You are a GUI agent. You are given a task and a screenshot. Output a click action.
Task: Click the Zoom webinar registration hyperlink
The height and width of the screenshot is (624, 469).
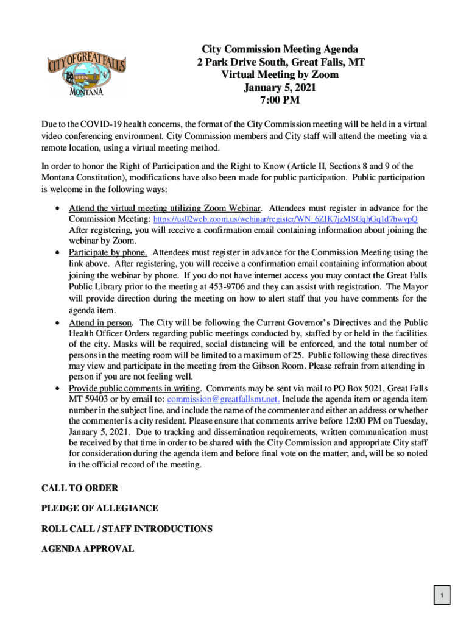tap(285, 219)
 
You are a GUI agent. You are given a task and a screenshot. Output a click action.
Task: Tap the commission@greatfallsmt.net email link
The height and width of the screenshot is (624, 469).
tap(223, 399)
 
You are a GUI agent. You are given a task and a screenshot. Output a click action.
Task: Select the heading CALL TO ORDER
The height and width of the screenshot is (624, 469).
tap(80, 488)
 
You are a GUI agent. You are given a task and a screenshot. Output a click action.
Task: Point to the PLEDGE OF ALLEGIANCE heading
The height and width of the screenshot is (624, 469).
tap(100, 508)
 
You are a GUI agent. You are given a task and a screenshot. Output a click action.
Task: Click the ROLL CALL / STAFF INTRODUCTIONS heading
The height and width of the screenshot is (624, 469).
tap(127, 528)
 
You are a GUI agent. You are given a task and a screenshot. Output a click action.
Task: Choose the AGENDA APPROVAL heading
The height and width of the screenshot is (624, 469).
tap(88, 548)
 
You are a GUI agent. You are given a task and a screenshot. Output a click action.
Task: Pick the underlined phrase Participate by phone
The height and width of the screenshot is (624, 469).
tap(108, 252)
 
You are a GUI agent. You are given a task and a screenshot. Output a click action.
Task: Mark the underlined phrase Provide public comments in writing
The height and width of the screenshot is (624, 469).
tap(135, 388)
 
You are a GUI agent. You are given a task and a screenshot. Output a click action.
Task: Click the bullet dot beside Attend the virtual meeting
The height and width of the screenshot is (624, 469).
tap(57, 208)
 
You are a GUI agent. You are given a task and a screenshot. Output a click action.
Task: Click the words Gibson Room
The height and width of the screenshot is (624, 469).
tap(286, 366)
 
